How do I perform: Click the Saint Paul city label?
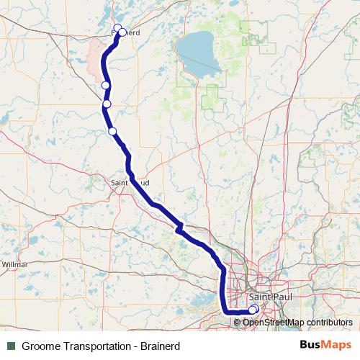(x=269, y=297)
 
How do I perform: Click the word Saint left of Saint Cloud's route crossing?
(x=120, y=183)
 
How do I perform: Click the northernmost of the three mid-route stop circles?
(x=106, y=86)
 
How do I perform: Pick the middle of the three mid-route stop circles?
(x=107, y=104)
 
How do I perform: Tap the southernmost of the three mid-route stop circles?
(x=112, y=130)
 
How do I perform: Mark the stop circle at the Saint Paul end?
(x=253, y=309)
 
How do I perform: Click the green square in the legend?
(x=11, y=346)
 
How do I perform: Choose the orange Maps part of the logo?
(x=337, y=344)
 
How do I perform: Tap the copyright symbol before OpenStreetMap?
(x=238, y=322)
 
